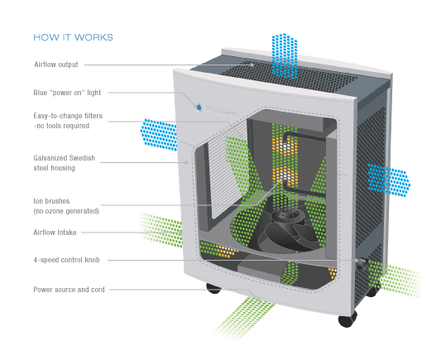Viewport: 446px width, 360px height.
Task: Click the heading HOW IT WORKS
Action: [73, 37]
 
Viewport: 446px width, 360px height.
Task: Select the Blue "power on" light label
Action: [67, 93]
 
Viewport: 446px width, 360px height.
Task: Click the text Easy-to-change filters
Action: [68, 116]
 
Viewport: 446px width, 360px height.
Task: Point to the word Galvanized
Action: [51, 156]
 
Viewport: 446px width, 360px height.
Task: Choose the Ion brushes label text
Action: [50, 201]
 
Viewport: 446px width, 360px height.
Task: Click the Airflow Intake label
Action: [55, 233]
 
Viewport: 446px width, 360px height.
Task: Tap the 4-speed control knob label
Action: [66, 260]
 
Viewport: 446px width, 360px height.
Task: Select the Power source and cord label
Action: [69, 290]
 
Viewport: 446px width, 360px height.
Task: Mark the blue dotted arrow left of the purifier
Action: [159, 134]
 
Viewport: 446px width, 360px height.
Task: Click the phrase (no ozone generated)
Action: [66, 211]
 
